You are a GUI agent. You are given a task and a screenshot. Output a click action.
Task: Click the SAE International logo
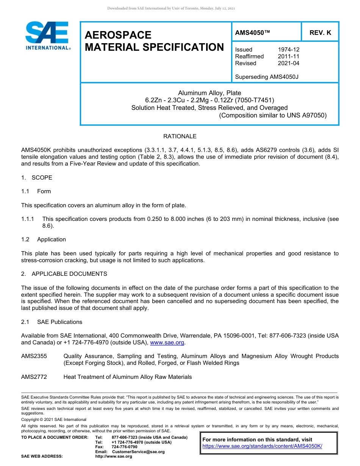click(x=47, y=36)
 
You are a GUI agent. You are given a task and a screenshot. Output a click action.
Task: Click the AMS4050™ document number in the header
click(x=252, y=33)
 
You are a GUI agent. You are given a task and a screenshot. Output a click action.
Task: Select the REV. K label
click(x=320, y=33)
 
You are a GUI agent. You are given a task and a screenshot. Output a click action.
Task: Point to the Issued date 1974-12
click(x=288, y=50)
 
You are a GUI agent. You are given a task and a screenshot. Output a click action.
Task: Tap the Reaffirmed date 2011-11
click(x=288, y=56)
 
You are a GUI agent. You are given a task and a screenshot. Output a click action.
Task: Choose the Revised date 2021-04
click(x=288, y=63)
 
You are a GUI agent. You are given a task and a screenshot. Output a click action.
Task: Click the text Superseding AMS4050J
click(x=267, y=77)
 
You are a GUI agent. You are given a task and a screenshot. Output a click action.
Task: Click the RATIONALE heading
click(x=180, y=136)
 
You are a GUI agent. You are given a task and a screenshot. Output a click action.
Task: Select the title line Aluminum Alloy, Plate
click(x=210, y=93)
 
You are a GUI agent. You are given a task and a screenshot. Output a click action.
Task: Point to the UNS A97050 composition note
click(x=272, y=115)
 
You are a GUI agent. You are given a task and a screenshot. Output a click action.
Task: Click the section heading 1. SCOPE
click(x=37, y=178)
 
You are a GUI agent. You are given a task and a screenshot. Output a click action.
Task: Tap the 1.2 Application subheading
click(x=44, y=239)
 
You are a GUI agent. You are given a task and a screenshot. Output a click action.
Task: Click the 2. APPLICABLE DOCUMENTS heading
click(x=64, y=274)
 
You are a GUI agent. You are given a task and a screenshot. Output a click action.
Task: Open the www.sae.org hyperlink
click(x=167, y=342)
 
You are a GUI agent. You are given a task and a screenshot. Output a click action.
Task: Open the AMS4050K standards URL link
click(x=262, y=446)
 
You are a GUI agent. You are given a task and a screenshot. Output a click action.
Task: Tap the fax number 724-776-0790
click(x=125, y=447)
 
